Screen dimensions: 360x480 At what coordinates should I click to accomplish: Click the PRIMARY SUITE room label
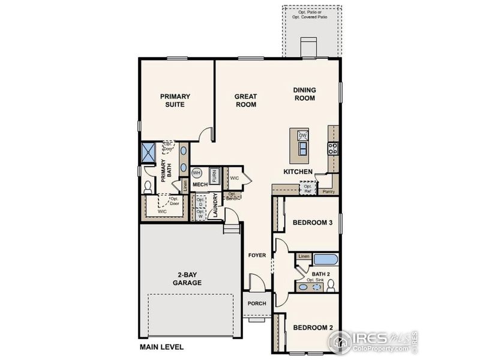[175, 100]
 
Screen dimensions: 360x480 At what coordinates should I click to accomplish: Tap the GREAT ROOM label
[245, 100]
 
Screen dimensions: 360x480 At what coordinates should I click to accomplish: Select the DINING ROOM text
[304, 94]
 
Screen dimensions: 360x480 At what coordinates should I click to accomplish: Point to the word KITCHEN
[298, 172]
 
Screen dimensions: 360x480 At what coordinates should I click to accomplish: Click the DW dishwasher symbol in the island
[303, 135]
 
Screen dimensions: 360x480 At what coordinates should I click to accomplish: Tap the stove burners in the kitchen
[332, 148]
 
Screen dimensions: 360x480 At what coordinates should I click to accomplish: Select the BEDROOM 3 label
[313, 223]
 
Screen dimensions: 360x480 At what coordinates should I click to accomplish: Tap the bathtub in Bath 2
[326, 260]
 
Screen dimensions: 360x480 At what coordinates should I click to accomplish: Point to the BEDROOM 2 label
[313, 328]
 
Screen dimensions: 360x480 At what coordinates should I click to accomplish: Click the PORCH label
[257, 304]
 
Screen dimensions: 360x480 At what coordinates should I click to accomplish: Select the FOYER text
[257, 256]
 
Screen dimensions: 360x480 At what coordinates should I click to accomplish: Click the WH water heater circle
[196, 173]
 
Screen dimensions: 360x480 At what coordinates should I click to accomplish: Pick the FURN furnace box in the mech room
[213, 175]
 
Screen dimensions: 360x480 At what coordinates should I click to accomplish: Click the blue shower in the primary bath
[148, 152]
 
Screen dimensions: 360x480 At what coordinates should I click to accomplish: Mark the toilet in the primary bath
[148, 187]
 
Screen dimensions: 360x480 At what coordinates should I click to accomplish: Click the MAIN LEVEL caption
[161, 347]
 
